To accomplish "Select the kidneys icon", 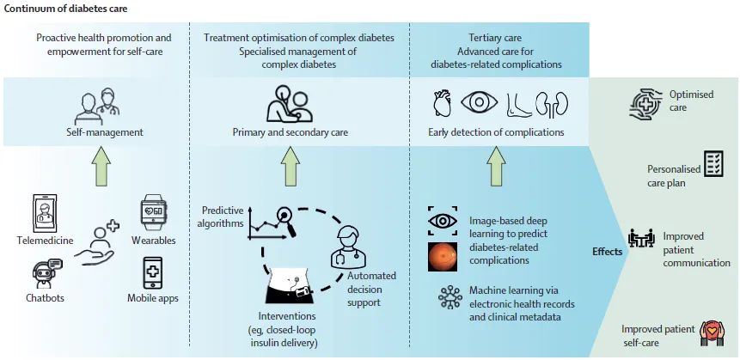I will (547, 104).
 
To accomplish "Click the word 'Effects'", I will (608, 252).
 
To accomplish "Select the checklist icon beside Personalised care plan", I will (713, 164).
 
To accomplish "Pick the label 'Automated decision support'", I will (371, 289).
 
